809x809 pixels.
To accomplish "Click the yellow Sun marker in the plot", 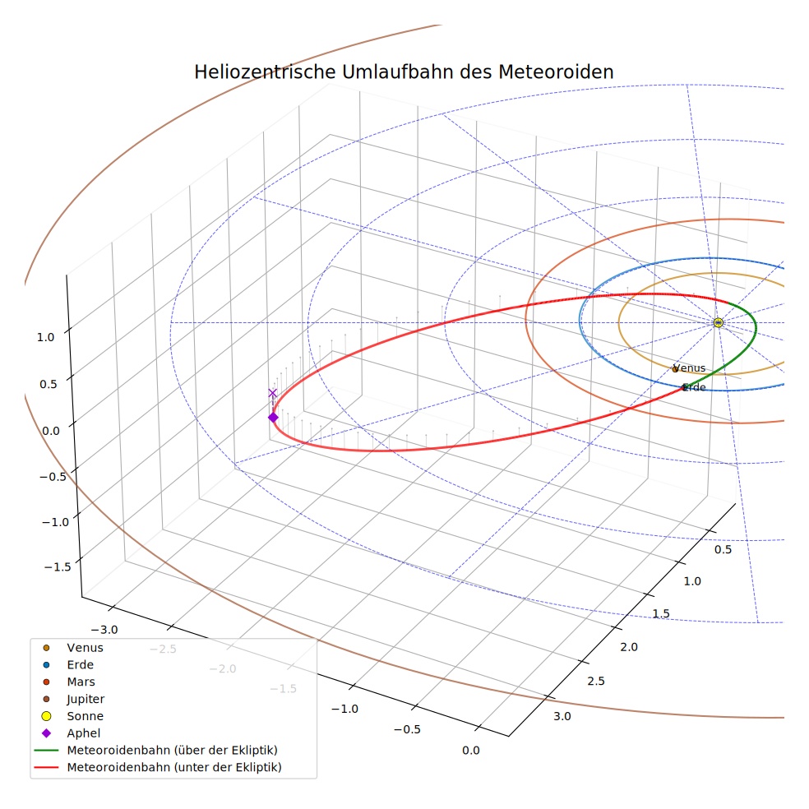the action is pyautogui.click(x=718, y=322).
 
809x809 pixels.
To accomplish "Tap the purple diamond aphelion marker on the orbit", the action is pyautogui.click(x=273, y=417).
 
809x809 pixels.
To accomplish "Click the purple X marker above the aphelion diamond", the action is pyautogui.click(x=272, y=393).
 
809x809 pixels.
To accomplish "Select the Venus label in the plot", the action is pyautogui.click(x=689, y=368).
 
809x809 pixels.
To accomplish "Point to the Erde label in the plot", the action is pyautogui.click(x=694, y=387).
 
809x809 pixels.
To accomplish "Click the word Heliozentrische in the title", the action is pyautogui.click(x=265, y=72).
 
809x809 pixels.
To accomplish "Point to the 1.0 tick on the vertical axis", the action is pyautogui.click(x=45, y=337).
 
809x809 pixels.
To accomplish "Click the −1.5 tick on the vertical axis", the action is pyautogui.click(x=58, y=567).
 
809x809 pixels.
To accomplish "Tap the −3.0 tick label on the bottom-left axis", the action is pyautogui.click(x=104, y=630).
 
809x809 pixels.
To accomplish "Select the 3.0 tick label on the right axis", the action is pyautogui.click(x=562, y=716).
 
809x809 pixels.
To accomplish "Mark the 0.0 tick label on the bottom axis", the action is pyautogui.click(x=470, y=750).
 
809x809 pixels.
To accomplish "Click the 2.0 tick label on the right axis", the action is pyautogui.click(x=629, y=647).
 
